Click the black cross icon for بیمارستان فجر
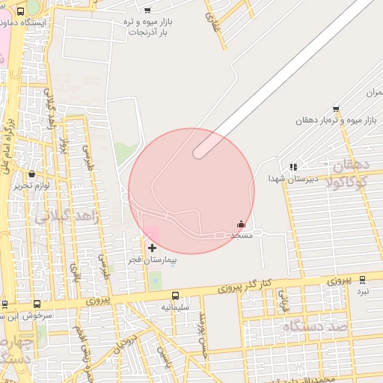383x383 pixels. click(x=152, y=248)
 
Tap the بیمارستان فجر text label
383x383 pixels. click(x=151, y=260)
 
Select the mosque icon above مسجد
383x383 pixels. click(x=241, y=224)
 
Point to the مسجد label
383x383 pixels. click(x=242, y=235)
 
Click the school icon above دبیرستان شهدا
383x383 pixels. click(x=293, y=167)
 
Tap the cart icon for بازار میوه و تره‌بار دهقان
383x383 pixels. click(x=336, y=108)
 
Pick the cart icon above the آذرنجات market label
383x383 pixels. click(x=147, y=10)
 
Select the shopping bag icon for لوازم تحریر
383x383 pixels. click(x=31, y=174)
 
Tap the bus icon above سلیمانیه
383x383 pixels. click(x=175, y=295)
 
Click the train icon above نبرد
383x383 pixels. click(x=363, y=280)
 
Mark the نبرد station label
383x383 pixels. click(x=363, y=291)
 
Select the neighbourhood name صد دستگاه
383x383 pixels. click(x=315, y=328)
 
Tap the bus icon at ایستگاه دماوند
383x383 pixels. click(x=19, y=11)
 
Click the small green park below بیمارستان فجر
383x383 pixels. click(x=155, y=281)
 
